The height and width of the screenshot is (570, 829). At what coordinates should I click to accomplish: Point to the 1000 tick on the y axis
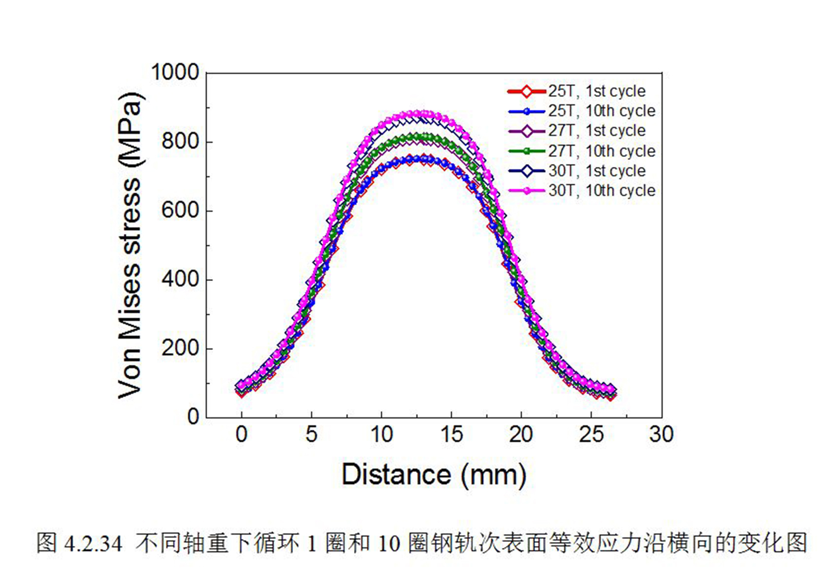coord(175,72)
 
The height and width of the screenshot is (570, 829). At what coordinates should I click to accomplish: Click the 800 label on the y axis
coord(180,141)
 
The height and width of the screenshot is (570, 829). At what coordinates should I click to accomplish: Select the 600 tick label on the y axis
coord(180,210)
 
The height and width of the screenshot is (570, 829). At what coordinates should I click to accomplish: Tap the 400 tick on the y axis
coord(180,279)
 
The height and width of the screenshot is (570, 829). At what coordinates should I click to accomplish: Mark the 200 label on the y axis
coord(180,348)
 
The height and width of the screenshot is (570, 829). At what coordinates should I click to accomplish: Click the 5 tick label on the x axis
coord(311,435)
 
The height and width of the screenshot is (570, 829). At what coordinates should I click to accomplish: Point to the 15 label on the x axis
coord(452,435)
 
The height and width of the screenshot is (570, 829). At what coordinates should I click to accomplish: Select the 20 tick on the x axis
coord(521,435)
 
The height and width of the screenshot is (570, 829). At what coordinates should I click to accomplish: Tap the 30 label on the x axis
coord(661,435)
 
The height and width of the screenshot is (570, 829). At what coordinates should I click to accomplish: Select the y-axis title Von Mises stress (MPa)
coord(130,245)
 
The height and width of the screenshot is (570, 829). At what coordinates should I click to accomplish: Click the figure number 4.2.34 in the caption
coord(94,544)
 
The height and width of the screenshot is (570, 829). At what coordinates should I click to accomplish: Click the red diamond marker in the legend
coord(527,91)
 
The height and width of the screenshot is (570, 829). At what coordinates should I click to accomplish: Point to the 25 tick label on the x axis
coord(591,435)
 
